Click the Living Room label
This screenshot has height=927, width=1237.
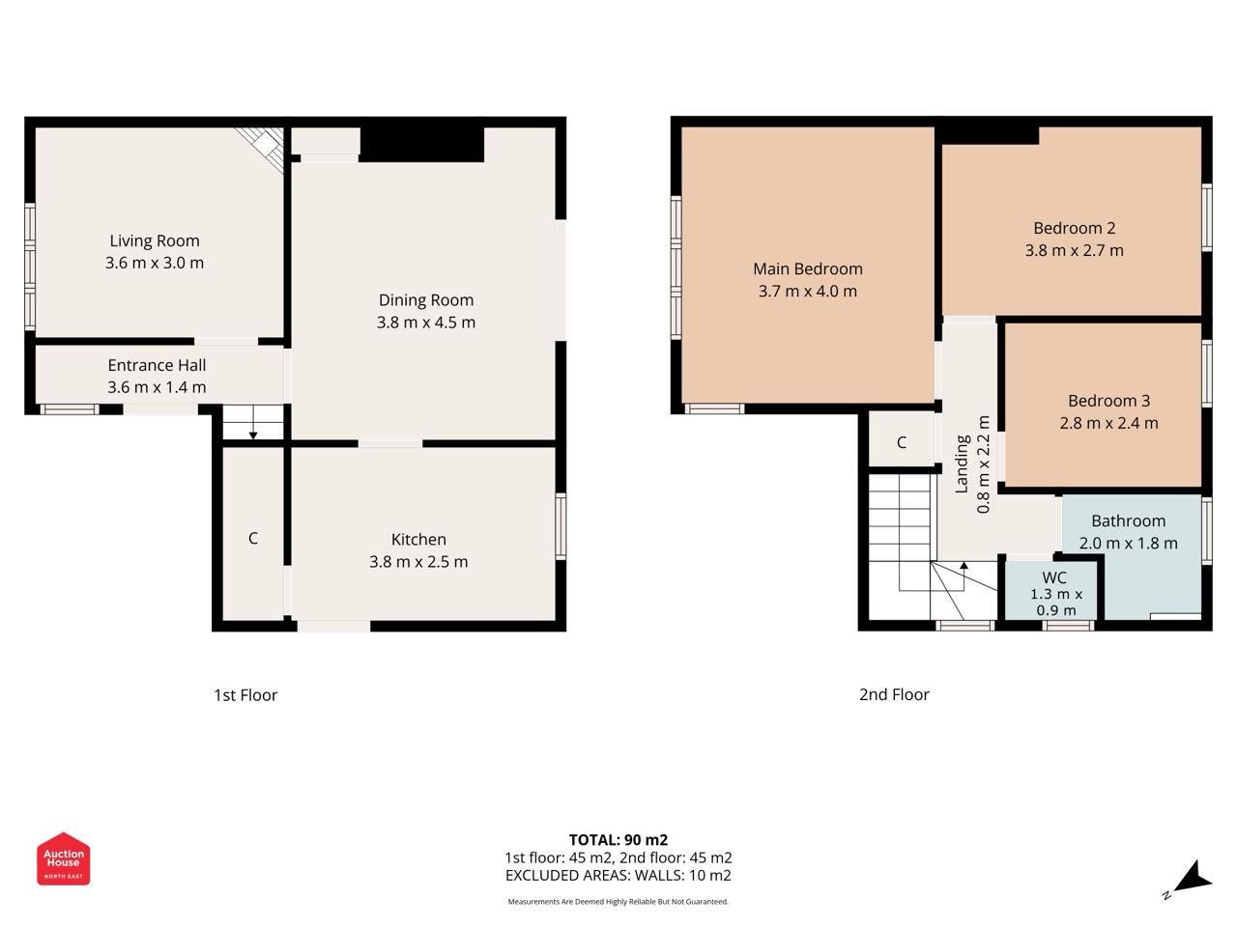coord(155,240)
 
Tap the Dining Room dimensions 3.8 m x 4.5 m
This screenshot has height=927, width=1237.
coord(426,323)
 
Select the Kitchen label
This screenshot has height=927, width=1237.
coord(418,539)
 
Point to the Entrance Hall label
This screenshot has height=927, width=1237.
coord(157,365)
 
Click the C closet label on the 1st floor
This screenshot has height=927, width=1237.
coord(253,539)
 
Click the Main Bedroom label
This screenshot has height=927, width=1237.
coord(808,269)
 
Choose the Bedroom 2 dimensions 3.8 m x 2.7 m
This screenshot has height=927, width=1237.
coord(1074,250)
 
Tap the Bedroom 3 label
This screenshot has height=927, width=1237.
coord(1109,401)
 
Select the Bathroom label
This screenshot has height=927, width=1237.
coord(1128,521)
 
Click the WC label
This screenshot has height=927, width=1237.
coord(1053,577)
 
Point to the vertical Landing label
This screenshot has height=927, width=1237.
coord(962,464)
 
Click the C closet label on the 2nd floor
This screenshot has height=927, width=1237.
coord(902,443)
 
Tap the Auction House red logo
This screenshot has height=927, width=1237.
coord(64,858)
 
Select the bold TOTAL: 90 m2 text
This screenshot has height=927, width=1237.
coord(618,840)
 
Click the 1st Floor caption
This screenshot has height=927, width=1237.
coord(245,695)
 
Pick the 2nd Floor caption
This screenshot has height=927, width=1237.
coord(894,694)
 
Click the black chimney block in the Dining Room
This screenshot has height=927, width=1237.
coord(421,145)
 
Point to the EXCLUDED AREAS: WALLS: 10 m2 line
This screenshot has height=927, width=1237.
coord(618,875)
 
